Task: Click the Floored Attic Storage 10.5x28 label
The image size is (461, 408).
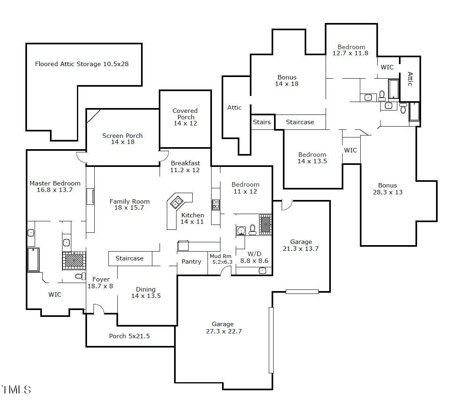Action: [x=82, y=64]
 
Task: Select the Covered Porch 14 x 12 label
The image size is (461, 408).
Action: [x=185, y=117]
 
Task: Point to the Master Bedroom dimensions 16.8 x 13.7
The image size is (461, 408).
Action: [x=55, y=190]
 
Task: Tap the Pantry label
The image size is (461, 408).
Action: [x=191, y=262]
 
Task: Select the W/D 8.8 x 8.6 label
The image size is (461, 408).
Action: [x=254, y=257]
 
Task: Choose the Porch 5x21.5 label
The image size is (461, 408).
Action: [x=129, y=336]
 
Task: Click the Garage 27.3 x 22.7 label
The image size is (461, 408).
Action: [x=223, y=328]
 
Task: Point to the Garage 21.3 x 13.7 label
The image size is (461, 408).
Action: [x=301, y=245]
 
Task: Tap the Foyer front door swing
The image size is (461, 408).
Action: [x=99, y=309]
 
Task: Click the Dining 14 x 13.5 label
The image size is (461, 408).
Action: [x=146, y=292]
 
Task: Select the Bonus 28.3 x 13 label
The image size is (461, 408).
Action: [x=388, y=189]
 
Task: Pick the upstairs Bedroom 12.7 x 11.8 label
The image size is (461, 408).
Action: [x=351, y=50]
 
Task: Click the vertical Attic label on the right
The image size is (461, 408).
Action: [x=410, y=79]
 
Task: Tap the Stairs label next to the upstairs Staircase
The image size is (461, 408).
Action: [x=262, y=122]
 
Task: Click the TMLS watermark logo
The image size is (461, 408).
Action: [x=17, y=390]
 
